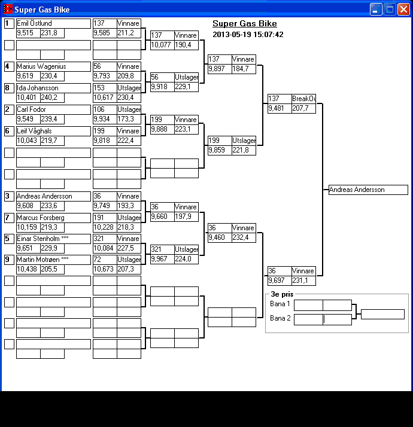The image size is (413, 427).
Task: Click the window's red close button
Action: pyautogui.click(x=403, y=9)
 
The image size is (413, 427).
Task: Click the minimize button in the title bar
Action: pyautogui.click(x=376, y=9)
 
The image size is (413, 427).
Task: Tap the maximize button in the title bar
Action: pyautogui.click(x=390, y=9)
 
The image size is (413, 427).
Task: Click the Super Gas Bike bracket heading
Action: pyautogui.click(x=244, y=24)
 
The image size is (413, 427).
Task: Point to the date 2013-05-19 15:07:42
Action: pyautogui.click(x=248, y=35)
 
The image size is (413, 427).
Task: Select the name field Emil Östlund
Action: pyautogui.click(x=53, y=23)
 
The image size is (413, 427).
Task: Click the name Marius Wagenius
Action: pyautogui.click(x=53, y=66)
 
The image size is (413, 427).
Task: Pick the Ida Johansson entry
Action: pyautogui.click(x=53, y=88)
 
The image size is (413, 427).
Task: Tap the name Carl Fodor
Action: pyautogui.click(x=53, y=109)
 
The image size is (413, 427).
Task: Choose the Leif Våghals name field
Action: pyautogui.click(x=53, y=131)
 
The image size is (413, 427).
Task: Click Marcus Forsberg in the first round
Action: pyautogui.click(x=53, y=218)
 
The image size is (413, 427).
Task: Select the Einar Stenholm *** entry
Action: pyautogui.click(x=53, y=239)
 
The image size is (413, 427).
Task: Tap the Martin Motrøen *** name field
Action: pyautogui.click(x=53, y=260)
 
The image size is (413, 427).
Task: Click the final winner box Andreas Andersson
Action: pyautogui.click(x=368, y=190)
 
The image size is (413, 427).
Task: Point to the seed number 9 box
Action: pyautogui.click(x=9, y=260)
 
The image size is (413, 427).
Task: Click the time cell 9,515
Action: pyautogui.click(x=28, y=33)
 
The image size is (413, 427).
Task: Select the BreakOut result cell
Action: pyautogui.click(x=303, y=99)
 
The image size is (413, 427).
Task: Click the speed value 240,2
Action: pyautogui.click(x=52, y=97)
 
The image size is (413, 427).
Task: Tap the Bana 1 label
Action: pyautogui.click(x=280, y=304)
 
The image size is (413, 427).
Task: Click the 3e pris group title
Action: pyautogui.click(x=283, y=295)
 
